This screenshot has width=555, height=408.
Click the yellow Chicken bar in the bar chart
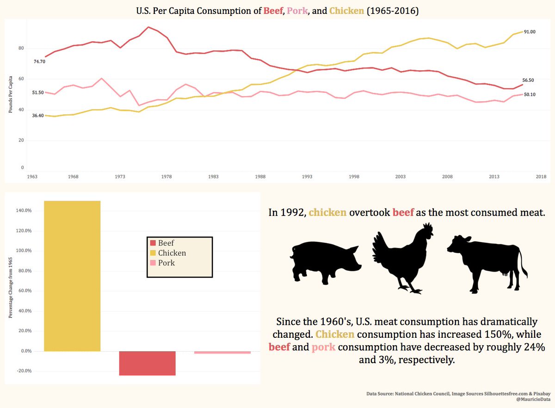[72, 276]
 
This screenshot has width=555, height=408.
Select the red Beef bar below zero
[147, 363]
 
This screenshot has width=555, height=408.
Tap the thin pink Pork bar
[222, 352]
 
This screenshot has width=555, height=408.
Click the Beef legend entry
[162, 243]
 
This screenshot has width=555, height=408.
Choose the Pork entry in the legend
[162, 262]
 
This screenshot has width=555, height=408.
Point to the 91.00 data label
[530, 32]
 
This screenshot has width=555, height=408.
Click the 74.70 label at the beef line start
[39, 61]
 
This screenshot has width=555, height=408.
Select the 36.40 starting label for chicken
[38, 116]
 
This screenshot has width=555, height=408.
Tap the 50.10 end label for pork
[530, 94]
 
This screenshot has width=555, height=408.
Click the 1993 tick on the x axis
[307, 177]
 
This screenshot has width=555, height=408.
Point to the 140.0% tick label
[24, 210]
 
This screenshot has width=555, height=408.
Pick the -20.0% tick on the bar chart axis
[24, 371]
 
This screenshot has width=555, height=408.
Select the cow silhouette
[487, 264]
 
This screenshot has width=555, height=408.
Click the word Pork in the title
[297, 11]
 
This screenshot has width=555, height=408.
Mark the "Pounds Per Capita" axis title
[10, 94]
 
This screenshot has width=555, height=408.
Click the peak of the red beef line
[148, 27]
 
